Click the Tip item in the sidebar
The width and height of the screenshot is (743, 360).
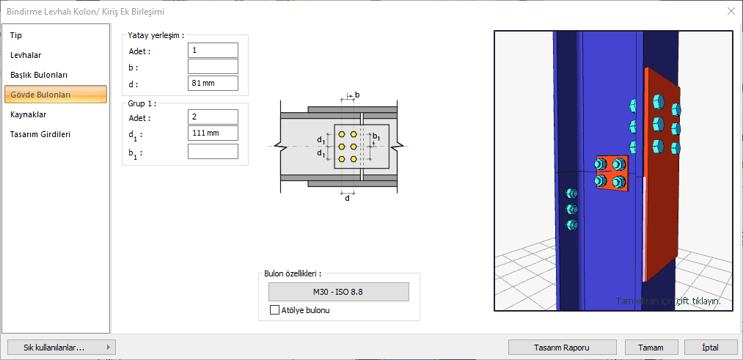tap(16, 35)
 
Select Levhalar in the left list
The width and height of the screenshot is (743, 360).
tap(26, 55)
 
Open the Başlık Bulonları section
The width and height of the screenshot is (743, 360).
tap(39, 75)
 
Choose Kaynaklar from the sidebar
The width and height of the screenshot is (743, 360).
tap(29, 114)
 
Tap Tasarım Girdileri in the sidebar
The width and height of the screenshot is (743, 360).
tap(40, 134)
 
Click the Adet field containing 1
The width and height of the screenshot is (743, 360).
tap(213, 50)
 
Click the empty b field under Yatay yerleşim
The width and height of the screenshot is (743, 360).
tap(213, 67)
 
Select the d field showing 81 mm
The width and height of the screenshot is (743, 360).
tap(213, 84)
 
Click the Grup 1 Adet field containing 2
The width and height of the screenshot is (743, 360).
tap(213, 117)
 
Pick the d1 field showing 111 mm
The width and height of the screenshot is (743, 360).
tap(213, 133)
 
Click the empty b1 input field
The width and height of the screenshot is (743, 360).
tap(213, 151)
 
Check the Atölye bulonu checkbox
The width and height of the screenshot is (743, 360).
tap(275, 310)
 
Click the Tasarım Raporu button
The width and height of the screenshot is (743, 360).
tap(563, 347)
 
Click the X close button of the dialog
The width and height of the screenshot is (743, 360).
tap(731, 11)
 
